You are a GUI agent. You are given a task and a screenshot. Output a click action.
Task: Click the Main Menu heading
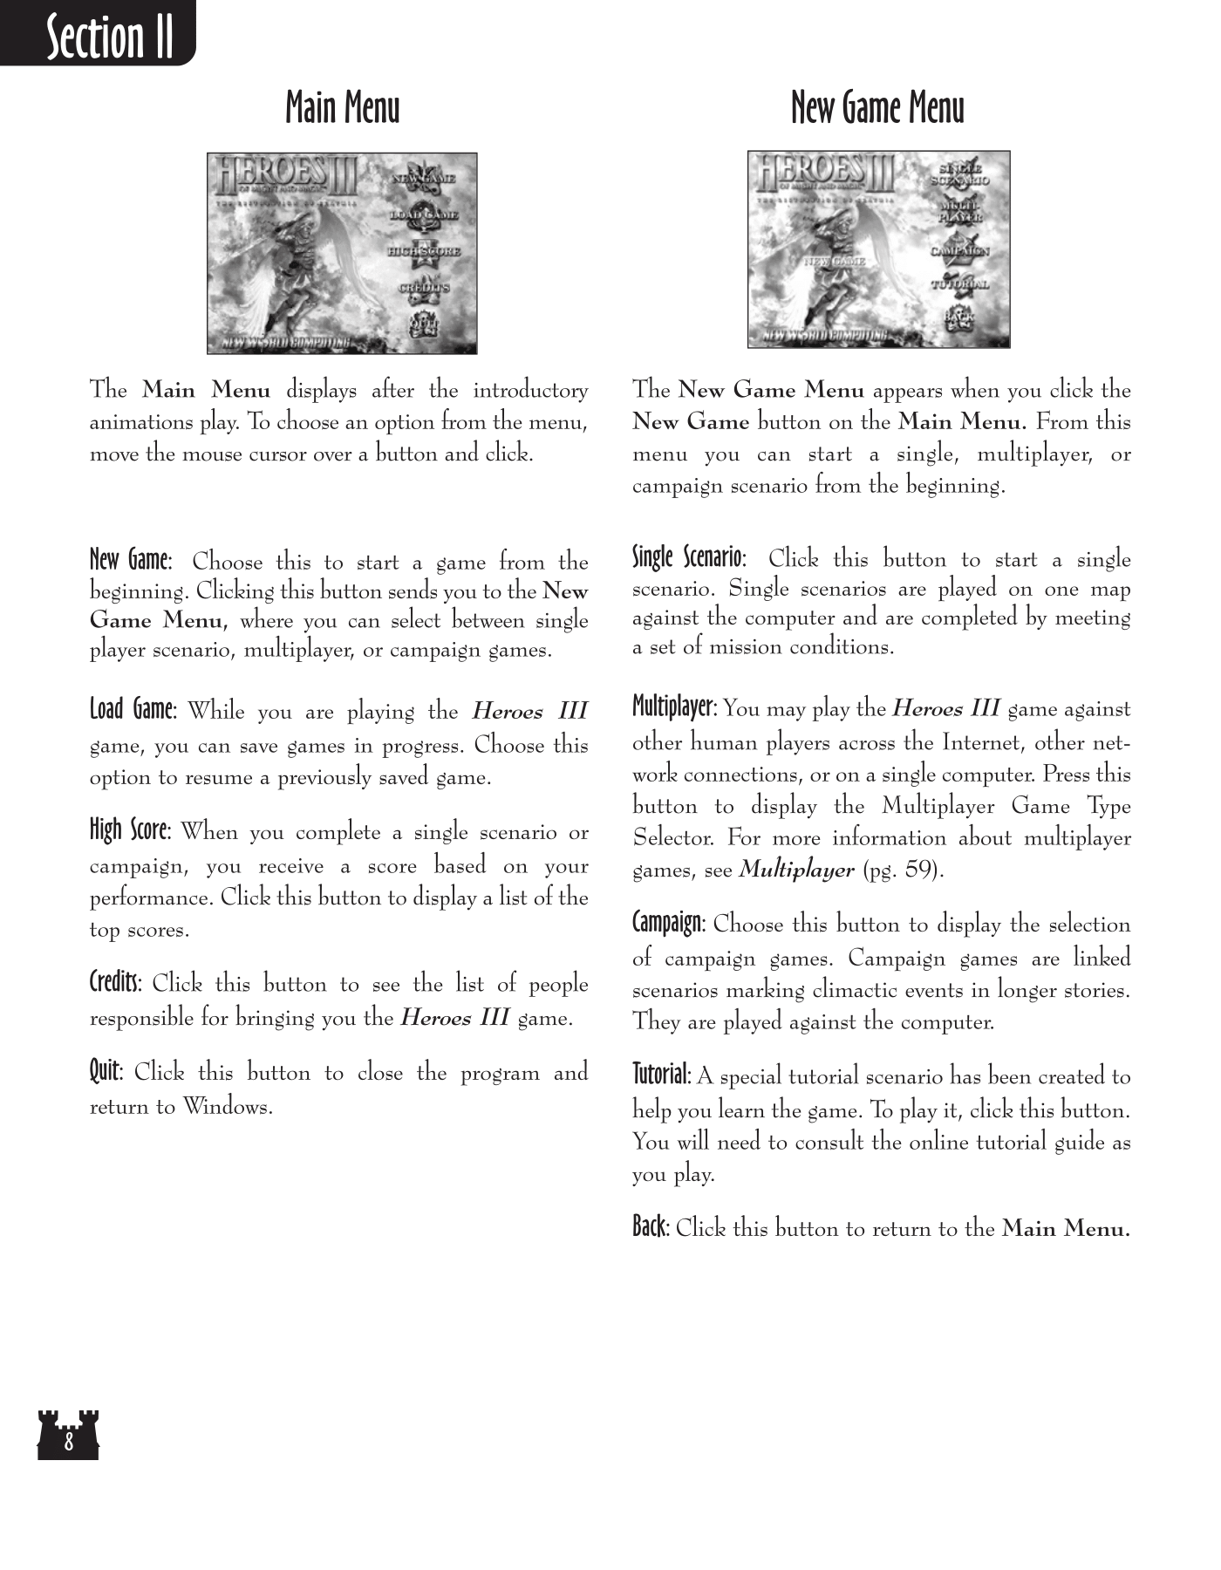(x=342, y=108)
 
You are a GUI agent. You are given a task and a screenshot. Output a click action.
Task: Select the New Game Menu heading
(x=877, y=108)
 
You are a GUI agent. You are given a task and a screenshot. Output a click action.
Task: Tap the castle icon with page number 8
(x=68, y=1435)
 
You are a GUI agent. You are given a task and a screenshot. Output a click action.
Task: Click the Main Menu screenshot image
(x=342, y=253)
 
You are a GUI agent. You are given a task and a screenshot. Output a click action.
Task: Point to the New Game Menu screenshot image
(x=878, y=249)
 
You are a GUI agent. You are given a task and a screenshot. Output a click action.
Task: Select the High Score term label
(x=129, y=829)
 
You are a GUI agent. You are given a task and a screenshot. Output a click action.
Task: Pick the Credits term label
(x=115, y=982)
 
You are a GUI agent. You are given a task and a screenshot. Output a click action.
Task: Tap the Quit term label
(x=106, y=1070)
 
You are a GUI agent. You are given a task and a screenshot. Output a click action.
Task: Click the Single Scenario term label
(x=688, y=556)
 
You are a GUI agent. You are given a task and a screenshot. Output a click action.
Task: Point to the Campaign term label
(x=668, y=922)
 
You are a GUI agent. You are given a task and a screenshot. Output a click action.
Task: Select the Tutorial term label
(x=661, y=1074)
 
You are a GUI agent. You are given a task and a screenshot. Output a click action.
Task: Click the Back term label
(x=650, y=1227)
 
